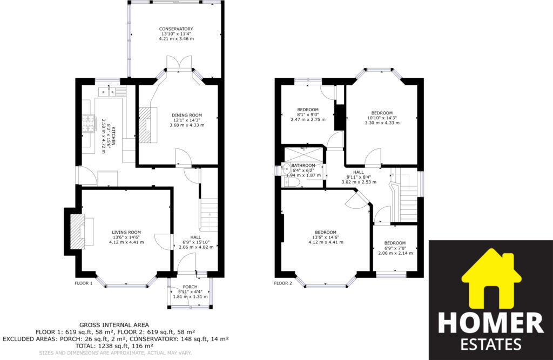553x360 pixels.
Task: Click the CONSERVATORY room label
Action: [176, 29]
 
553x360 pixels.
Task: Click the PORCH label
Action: [190, 287]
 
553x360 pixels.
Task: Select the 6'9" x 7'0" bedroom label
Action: [395, 243]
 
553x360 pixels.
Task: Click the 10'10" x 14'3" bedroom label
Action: [381, 113]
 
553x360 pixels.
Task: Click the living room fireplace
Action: [78, 230]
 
